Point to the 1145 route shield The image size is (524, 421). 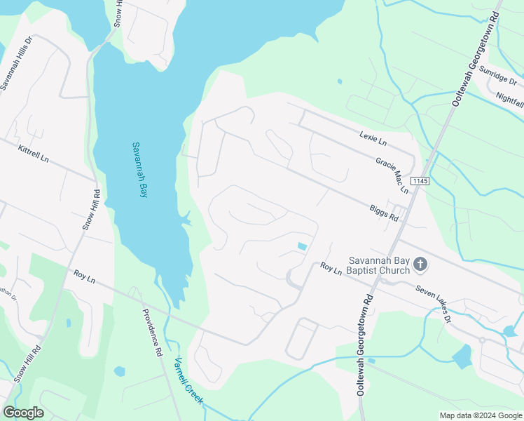[x=419, y=181]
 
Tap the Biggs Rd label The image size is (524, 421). [x=384, y=213]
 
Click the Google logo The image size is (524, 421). [x=23, y=413]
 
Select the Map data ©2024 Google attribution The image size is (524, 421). [x=480, y=415]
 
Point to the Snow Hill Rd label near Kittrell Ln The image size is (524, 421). [x=91, y=209]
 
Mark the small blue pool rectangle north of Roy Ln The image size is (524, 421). [x=302, y=246]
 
